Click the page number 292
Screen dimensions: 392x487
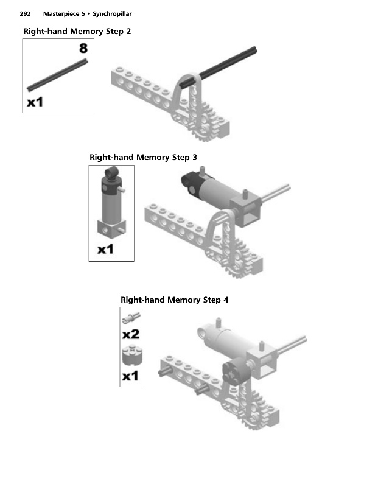25,13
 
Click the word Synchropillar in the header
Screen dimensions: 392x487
112,14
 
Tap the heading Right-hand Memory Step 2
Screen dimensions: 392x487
77,32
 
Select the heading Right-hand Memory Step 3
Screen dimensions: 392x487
143,158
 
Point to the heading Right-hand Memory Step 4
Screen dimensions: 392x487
174,300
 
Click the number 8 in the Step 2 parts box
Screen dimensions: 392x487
83,48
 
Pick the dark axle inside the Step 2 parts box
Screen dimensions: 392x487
57,75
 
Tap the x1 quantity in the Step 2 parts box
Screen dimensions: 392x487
35,102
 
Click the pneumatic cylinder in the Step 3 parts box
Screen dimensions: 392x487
112,203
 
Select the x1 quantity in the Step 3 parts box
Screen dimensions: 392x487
106,250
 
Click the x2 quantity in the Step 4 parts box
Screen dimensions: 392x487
131,334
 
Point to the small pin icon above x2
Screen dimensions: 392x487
131,318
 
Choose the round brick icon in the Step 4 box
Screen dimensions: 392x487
132,356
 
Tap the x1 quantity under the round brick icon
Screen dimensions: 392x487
130,376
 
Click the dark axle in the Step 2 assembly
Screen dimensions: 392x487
218,67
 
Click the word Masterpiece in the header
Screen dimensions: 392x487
61,14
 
